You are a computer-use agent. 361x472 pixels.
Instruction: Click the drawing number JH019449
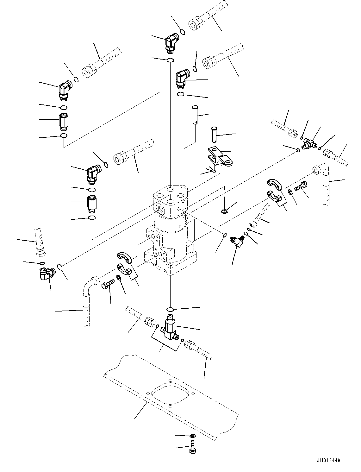[x=327, y=461]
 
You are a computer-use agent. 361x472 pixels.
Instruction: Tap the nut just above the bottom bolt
[x=192, y=436]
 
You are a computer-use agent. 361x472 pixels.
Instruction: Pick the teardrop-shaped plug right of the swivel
[x=224, y=211]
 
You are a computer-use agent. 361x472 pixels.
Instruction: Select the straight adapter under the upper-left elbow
[x=63, y=122]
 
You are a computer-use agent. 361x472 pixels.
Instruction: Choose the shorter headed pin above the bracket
[x=214, y=134]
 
